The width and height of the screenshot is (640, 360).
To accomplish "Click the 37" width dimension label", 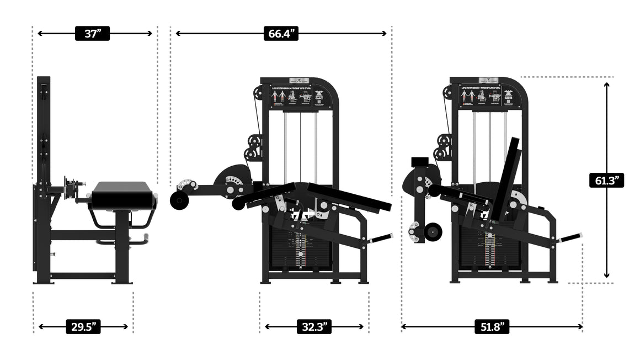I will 93,34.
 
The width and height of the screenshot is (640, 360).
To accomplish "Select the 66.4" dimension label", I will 281,34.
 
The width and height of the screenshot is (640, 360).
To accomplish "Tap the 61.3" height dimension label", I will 606,179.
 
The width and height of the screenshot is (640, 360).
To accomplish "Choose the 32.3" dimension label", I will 313,327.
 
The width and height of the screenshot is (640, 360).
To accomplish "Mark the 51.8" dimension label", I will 491,327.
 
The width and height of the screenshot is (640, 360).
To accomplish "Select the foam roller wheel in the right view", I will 433,232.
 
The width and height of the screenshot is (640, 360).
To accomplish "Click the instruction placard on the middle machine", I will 300,97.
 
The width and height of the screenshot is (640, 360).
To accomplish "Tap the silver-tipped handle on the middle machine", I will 383,239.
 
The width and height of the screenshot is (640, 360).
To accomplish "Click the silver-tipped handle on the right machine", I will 573,237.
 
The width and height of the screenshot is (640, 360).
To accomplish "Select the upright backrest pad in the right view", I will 506,177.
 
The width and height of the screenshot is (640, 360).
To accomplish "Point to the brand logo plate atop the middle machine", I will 300,80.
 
